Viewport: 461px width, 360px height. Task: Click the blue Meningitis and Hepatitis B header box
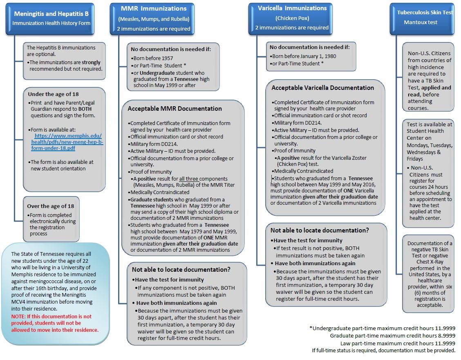tap(51, 18)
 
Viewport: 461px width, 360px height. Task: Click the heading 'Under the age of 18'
tap(54, 94)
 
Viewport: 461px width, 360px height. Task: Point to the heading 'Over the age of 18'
tap(50, 206)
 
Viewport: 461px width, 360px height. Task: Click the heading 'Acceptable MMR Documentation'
tap(175, 109)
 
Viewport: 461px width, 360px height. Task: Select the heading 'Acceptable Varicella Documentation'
tap(322, 88)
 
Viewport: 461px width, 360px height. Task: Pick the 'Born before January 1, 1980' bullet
tap(303, 56)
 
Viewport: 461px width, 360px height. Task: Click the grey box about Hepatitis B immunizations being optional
tap(65, 58)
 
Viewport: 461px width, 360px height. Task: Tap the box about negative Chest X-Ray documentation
tap(428, 274)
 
